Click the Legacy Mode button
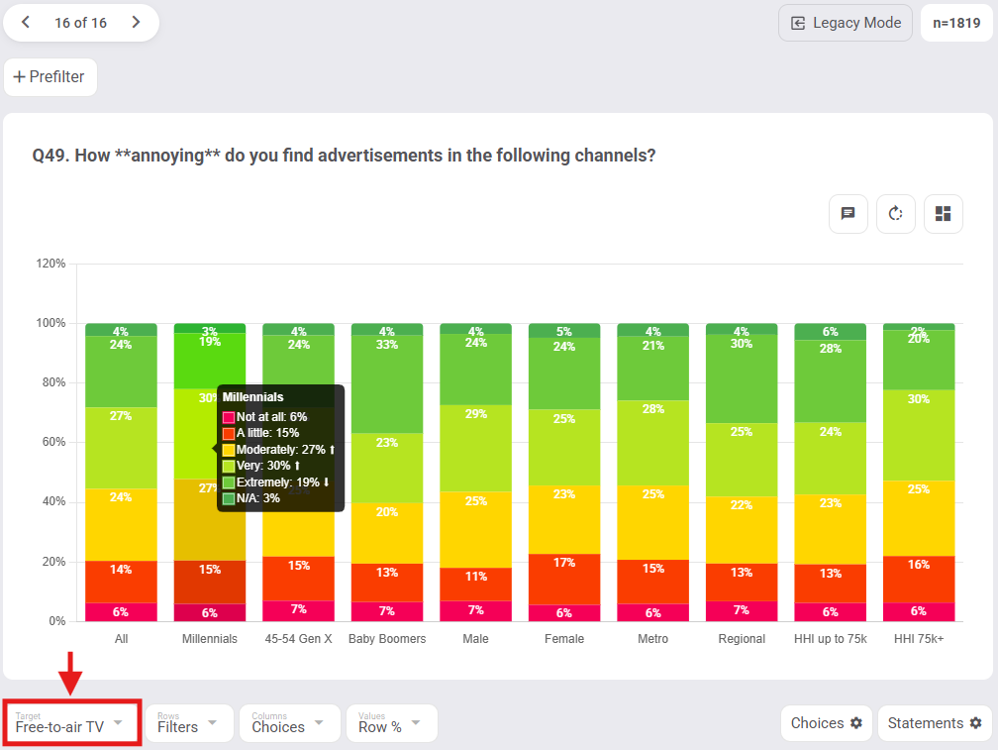coord(846,23)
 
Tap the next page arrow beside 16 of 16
coord(136,23)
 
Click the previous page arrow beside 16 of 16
coord(26,23)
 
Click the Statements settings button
coord(935,723)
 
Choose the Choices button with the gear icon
coord(827,723)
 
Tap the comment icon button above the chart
coord(848,214)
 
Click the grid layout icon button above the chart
coord(943,214)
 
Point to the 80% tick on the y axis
coord(51,382)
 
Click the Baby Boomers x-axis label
coord(387,639)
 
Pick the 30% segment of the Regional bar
coord(742,378)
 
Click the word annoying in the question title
coord(167,156)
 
